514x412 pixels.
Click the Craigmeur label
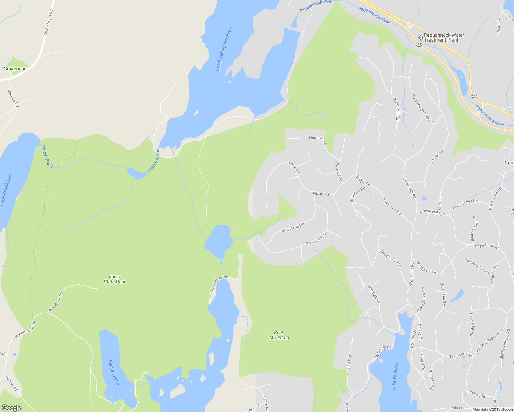coord(15,69)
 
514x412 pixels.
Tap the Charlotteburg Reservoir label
coord(224,49)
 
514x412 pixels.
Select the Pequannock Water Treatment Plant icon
coord(420,37)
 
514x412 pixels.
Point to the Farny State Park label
coord(115,279)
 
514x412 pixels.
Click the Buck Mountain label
coord(279,335)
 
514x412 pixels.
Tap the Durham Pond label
coord(114,372)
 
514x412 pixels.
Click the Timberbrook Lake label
coord(7,190)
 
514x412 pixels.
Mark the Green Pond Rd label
coord(48,23)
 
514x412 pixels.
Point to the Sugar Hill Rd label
coord(293,227)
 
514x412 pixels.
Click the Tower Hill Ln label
coord(316,238)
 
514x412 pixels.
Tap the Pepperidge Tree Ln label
coord(423,108)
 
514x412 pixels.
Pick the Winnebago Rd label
coord(56,302)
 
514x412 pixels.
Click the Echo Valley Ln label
coord(465,204)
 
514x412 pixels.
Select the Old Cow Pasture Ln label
coord(489,342)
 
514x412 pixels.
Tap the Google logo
coord(11,408)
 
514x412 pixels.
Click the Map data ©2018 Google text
coord(492,409)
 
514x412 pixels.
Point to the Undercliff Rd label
coord(339,171)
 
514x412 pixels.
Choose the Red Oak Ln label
coord(374,294)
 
